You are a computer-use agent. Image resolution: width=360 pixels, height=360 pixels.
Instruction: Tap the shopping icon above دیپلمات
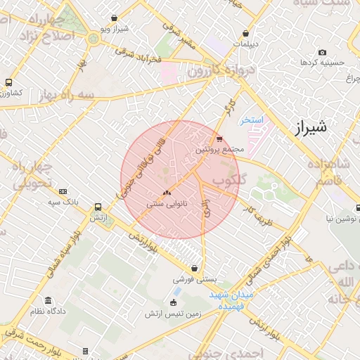tap(245, 33)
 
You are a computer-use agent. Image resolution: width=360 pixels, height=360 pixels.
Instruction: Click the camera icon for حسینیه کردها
tap(322, 52)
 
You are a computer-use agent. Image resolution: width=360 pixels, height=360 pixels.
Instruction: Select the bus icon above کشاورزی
tap(8, 82)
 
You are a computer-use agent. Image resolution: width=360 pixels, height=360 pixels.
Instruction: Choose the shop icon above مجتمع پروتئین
tap(219, 139)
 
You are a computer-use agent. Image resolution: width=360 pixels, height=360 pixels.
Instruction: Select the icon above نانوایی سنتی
tap(167, 193)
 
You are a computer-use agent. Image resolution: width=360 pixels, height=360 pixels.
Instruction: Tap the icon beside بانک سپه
tap(63, 191)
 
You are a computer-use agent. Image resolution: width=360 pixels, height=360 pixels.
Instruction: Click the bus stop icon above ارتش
tap(97, 207)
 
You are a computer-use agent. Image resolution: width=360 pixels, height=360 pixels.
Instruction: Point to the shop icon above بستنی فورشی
tap(194, 268)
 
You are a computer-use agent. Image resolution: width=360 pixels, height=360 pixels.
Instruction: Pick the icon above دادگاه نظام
tap(47, 300)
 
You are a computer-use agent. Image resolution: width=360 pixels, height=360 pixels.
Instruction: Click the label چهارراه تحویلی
tap(32, 175)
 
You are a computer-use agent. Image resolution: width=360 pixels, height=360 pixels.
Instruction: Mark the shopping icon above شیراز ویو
tap(115, 18)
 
